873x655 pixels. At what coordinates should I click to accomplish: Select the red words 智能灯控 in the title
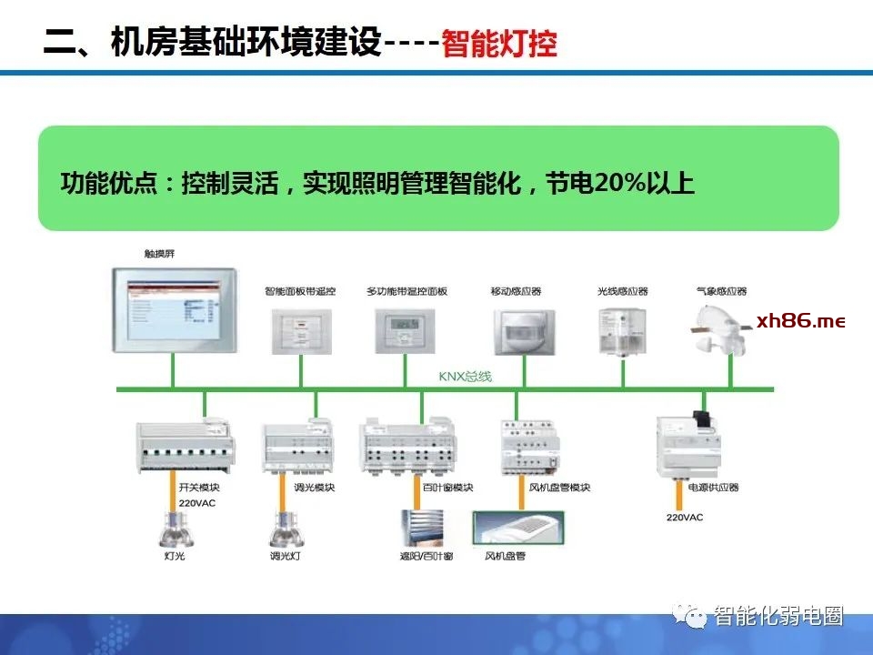[x=499, y=43]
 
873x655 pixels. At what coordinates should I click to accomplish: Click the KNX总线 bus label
[x=465, y=376]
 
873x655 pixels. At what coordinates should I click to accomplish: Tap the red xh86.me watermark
[x=800, y=322]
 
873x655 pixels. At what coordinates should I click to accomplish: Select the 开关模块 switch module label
[x=196, y=488]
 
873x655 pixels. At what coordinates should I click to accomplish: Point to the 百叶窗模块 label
[x=448, y=488]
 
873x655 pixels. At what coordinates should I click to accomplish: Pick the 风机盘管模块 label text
[x=560, y=488]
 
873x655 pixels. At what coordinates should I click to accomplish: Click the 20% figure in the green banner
[x=618, y=183]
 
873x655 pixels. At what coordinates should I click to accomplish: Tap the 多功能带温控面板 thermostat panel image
[x=403, y=329]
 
